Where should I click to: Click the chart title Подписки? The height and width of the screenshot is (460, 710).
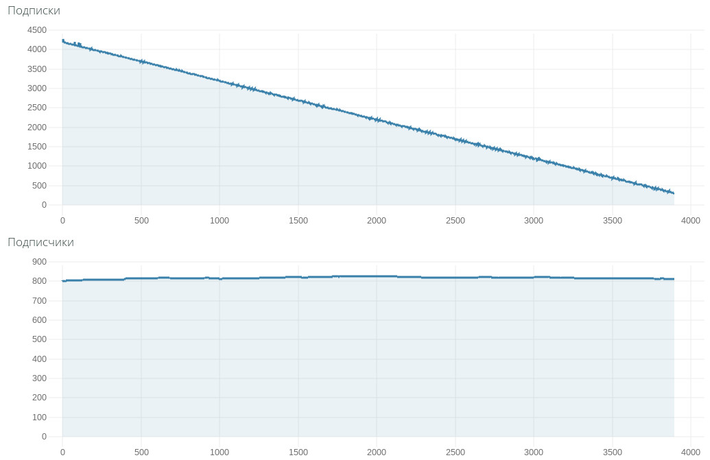(x=34, y=11)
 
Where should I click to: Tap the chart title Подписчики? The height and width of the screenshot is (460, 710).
(x=40, y=243)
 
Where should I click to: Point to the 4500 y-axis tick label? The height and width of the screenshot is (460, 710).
(x=37, y=30)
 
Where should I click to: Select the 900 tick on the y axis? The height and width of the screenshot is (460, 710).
(x=39, y=262)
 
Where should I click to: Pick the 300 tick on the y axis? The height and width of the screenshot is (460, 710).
(x=39, y=378)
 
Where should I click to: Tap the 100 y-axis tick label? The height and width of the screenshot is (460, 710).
(x=39, y=417)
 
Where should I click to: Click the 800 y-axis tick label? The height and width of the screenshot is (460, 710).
(x=39, y=281)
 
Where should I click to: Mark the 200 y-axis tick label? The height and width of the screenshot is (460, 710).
(x=39, y=398)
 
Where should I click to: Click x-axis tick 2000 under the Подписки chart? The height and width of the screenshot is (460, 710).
(x=377, y=221)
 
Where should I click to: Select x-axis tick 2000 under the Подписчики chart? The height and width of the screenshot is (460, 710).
(x=377, y=452)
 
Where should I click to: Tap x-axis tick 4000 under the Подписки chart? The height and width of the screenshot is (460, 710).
(x=691, y=221)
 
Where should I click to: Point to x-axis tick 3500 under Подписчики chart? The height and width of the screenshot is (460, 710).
(x=613, y=452)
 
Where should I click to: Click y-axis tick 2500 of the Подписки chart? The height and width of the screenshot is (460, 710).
(x=37, y=108)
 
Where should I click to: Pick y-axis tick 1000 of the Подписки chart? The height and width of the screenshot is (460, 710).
(x=37, y=166)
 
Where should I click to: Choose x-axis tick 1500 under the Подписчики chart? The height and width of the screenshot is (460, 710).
(x=298, y=452)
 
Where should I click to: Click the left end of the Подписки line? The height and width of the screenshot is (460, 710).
(x=62, y=40)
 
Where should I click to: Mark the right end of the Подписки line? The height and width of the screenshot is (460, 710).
(x=674, y=193)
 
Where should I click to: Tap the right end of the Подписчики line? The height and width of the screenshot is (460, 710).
(x=674, y=279)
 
